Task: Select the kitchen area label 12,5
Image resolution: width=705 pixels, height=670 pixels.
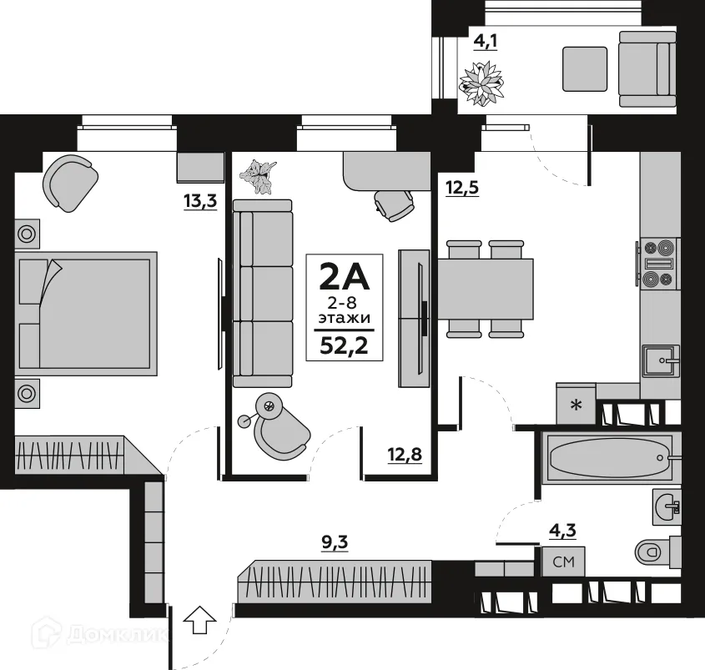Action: [461, 188]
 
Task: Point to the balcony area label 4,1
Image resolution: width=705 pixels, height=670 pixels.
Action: [486, 40]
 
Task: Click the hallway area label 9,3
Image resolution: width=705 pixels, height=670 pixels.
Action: [335, 543]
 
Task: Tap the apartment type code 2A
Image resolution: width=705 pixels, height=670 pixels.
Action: [345, 275]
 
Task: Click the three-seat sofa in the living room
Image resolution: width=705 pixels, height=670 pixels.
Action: [263, 293]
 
